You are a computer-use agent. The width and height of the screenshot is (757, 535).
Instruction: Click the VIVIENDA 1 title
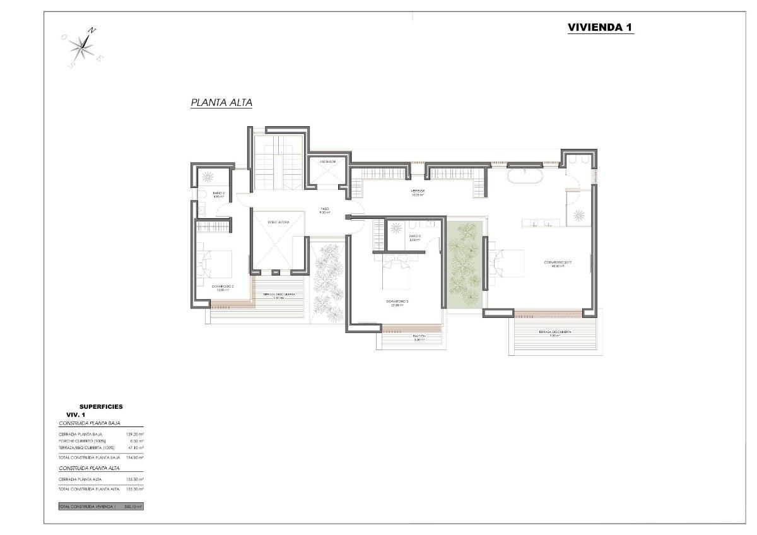tap(600, 27)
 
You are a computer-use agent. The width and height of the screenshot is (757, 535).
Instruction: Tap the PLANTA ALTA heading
tap(221, 102)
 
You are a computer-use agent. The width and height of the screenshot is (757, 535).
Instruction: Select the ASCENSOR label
tap(327, 162)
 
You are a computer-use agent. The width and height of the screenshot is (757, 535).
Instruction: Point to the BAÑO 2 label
tap(219, 194)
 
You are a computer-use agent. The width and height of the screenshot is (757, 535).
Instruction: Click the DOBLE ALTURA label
tap(278, 222)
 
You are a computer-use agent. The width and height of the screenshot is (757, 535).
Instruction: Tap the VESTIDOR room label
tap(418, 192)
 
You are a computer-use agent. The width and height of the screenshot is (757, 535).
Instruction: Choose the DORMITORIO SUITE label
tap(558, 264)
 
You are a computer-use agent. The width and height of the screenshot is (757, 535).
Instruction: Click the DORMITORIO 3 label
tap(397, 303)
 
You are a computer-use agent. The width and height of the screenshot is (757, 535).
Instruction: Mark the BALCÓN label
tap(420, 337)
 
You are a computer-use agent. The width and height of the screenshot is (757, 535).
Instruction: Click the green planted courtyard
tap(465, 263)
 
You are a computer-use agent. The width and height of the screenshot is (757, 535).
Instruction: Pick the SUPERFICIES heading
tap(101, 407)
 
